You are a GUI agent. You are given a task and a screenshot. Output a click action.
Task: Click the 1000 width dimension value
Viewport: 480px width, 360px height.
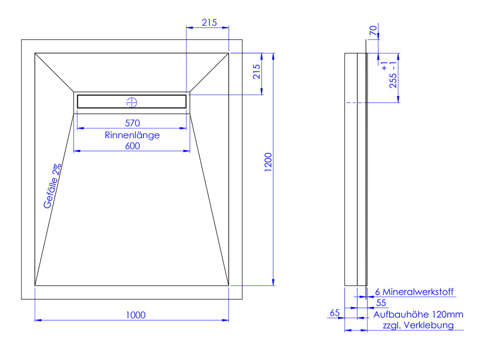pyautogui.click(x=135, y=315)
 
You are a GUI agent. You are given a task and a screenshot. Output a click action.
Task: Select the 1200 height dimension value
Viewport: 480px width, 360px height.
pyautogui.click(x=268, y=162)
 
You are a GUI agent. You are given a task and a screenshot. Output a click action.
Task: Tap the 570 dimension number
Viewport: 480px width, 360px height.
pyautogui.click(x=133, y=123)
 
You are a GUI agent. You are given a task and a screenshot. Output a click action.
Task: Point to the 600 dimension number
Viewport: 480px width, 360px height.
pyautogui.click(x=133, y=146)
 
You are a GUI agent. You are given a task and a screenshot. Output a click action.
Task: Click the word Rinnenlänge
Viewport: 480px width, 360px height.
pyautogui.click(x=132, y=135)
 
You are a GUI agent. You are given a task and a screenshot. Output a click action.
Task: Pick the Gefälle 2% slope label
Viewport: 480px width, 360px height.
pyautogui.click(x=52, y=186)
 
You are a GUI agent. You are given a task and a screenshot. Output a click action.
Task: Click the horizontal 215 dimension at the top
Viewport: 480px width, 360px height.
pyautogui.click(x=210, y=22)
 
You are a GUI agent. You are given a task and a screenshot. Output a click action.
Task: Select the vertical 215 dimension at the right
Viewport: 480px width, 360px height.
pyautogui.click(x=257, y=72)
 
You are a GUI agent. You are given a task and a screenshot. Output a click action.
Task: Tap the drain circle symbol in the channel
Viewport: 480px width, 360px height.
pyautogui.click(x=132, y=103)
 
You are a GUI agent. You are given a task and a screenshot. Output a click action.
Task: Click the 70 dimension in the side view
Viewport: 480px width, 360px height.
pyautogui.click(x=373, y=30)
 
